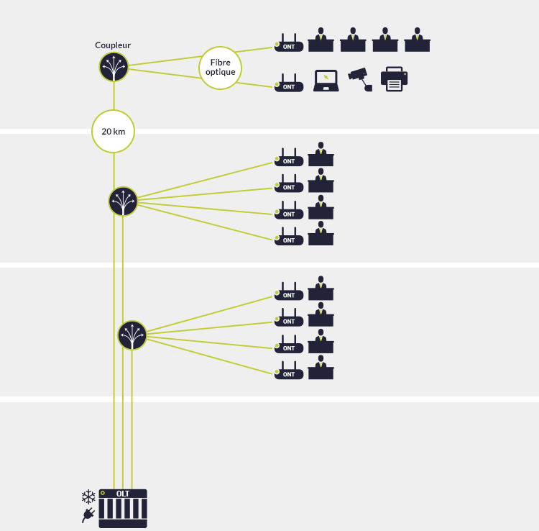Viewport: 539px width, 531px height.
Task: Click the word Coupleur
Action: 113,45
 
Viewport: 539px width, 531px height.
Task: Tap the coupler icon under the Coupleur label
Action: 114,67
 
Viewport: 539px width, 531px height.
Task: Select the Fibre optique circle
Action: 221,68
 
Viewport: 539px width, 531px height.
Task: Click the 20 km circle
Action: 113,132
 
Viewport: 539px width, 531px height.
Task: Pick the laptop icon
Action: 326,80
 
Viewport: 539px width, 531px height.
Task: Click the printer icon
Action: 394,79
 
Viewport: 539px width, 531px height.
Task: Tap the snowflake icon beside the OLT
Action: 88,496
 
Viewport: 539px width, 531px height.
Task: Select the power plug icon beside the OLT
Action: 88,514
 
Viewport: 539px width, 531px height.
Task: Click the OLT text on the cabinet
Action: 123,494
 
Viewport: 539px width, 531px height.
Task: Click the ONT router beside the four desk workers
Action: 288,44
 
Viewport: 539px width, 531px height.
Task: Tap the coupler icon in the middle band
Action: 123,201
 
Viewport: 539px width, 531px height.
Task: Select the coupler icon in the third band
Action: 132,335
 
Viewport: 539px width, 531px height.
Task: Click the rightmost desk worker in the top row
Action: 418,40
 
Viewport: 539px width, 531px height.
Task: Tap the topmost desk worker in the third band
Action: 321,289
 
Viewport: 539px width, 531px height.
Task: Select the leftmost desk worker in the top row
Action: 321,40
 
